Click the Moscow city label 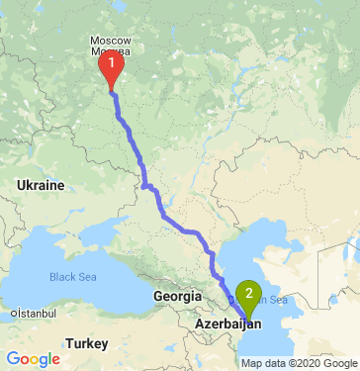(109, 41)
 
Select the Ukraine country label (41, 185)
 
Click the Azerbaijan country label (228, 324)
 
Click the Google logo (33, 358)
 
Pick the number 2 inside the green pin (250, 292)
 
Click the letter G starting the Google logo (12, 358)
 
